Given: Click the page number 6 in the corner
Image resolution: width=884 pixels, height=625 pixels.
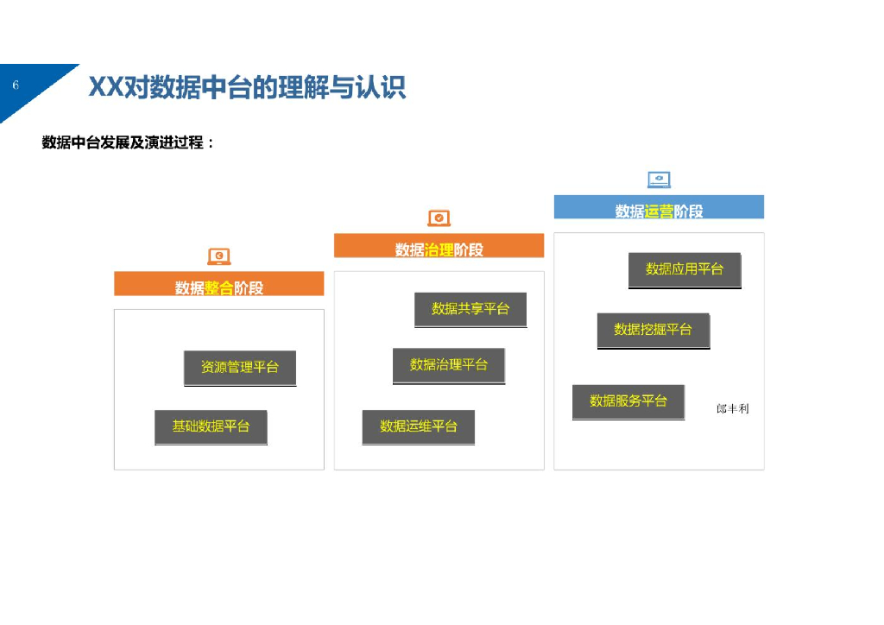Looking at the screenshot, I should point(16,85).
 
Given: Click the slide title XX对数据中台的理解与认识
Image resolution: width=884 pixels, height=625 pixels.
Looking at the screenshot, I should point(247,87).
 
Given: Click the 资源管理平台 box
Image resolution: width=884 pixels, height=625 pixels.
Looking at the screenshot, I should point(240,368).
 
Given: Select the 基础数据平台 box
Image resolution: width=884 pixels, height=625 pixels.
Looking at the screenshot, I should point(211,426).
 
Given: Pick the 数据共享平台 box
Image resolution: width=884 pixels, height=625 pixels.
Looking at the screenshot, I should point(470,309).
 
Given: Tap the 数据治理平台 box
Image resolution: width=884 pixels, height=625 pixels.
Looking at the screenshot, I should point(449,365).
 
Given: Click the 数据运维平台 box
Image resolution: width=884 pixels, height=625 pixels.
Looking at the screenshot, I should point(419,426).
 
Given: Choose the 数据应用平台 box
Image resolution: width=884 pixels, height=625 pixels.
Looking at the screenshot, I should point(685,269).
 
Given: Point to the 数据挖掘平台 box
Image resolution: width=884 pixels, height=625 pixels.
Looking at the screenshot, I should point(654,330).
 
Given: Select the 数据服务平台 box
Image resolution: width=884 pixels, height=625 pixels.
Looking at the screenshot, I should point(628,401).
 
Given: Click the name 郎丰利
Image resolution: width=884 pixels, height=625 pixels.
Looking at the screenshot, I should point(733,408).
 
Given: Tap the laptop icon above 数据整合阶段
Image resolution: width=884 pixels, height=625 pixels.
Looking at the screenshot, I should point(219,256).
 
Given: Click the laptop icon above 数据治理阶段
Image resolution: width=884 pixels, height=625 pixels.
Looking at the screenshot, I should point(439,218).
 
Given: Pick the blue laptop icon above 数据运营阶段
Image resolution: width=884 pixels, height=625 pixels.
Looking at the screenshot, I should point(659,180).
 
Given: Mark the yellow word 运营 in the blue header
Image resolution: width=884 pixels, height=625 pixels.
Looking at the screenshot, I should point(659,211).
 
